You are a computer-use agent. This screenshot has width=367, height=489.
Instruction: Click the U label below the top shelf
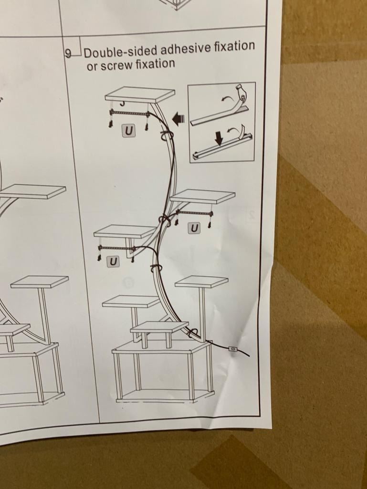pyautogui.click(x=128, y=131)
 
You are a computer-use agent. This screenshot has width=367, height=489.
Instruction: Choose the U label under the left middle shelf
pyautogui.click(x=113, y=261)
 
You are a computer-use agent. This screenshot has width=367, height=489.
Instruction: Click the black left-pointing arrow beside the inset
pyautogui.click(x=178, y=120)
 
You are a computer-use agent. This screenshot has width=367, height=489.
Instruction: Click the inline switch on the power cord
pyautogui.click(x=233, y=349)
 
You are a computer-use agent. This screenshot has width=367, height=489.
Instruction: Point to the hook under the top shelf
pyautogui.click(x=123, y=103)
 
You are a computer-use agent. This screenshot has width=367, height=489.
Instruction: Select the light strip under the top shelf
pyautogui.click(x=128, y=113)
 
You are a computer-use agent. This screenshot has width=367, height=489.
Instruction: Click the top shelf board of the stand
pyautogui.click(x=140, y=94)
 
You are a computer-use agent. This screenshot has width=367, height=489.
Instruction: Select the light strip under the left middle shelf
pyautogui.click(x=117, y=249)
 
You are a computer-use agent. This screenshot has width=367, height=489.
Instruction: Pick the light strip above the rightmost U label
pyautogui.click(x=194, y=213)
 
